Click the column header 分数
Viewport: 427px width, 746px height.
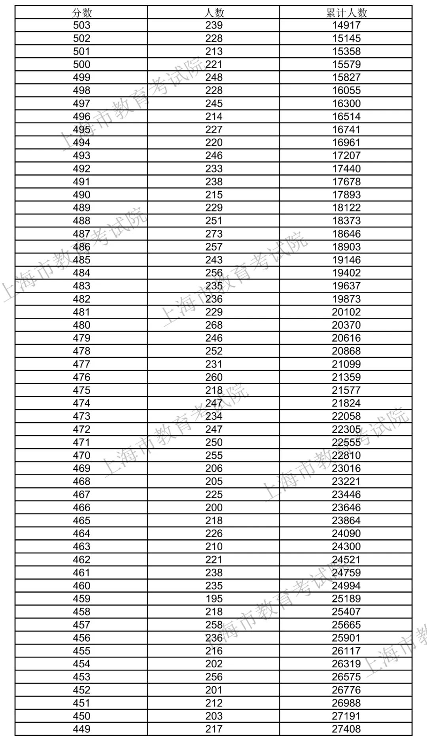[x=81, y=13]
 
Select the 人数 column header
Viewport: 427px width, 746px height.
[x=214, y=13]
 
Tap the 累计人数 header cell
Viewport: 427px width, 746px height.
[x=346, y=13]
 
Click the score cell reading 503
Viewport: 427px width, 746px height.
[x=81, y=25]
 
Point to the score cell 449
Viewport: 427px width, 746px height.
[x=81, y=729]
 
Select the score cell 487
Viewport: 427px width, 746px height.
[x=81, y=234]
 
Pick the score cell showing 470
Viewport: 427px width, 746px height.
[x=81, y=455]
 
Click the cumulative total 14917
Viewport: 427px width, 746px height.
[x=346, y=25]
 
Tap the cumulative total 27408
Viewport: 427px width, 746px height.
[x=346, y=729]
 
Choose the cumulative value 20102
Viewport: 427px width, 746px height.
[x=346, y=312]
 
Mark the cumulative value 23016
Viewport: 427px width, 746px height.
[x=346, y=468]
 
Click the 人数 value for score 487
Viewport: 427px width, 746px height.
[x=214, y=234]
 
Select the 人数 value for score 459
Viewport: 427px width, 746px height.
[x=214, y=599]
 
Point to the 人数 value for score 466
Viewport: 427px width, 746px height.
[x=214, y=507]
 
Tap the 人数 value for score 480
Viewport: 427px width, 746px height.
[x=214, y=325]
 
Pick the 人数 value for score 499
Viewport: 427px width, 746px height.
[x=214, y=77]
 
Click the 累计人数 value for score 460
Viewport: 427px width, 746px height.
[x=346, y=585]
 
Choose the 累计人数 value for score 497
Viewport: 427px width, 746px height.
[x=346, y=103]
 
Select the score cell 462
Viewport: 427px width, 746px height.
[x=81, y=559]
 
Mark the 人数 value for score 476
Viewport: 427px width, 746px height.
[x=214, y=377]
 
